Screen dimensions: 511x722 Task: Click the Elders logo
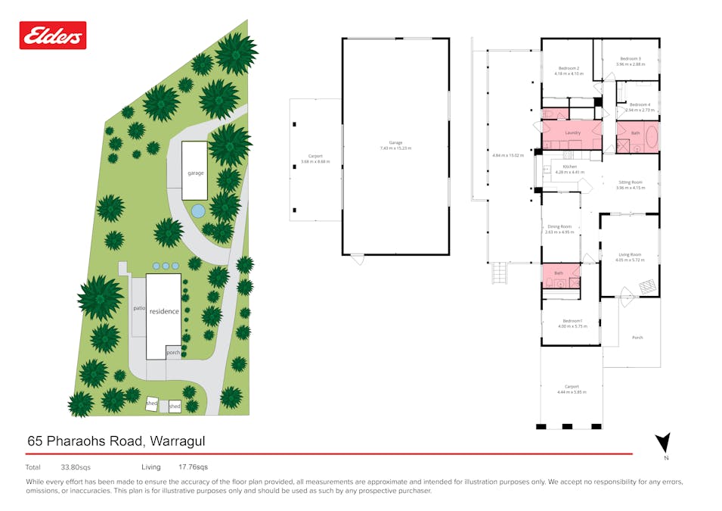pyautogui.click(x=53, y=35)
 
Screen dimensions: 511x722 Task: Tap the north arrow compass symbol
pyautogui.click(x=662, y=444)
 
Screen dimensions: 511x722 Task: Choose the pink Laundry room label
pyautogui.click(x=572, y=132)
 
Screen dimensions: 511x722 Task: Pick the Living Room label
pyautogui.click(x=629, y=257)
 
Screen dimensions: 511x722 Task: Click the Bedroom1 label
pyautogui.click(x=572, y=322)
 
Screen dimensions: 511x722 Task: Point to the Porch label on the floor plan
pyautogui.click(x=637, y=337)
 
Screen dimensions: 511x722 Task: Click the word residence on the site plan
pyautogui.click(x=164, y=311)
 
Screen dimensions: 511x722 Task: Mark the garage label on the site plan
pyautogui.click(x=196, y=173)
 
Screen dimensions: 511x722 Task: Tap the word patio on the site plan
pyautogui.click(x=138, y=308)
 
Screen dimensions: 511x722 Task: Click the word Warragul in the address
pyautogui.click(x=178, y=441)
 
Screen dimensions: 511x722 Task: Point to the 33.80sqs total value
pyautogui.click(x=75, y=467)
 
